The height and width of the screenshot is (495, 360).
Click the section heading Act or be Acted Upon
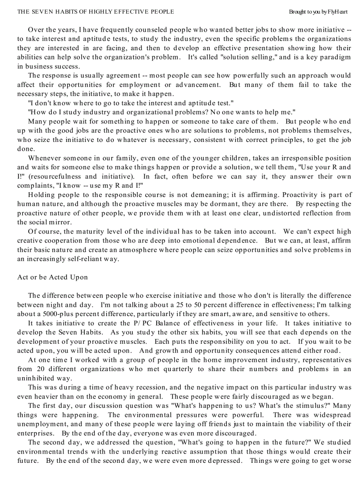point(52,277)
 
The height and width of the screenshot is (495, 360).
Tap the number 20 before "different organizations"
point(39,369)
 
